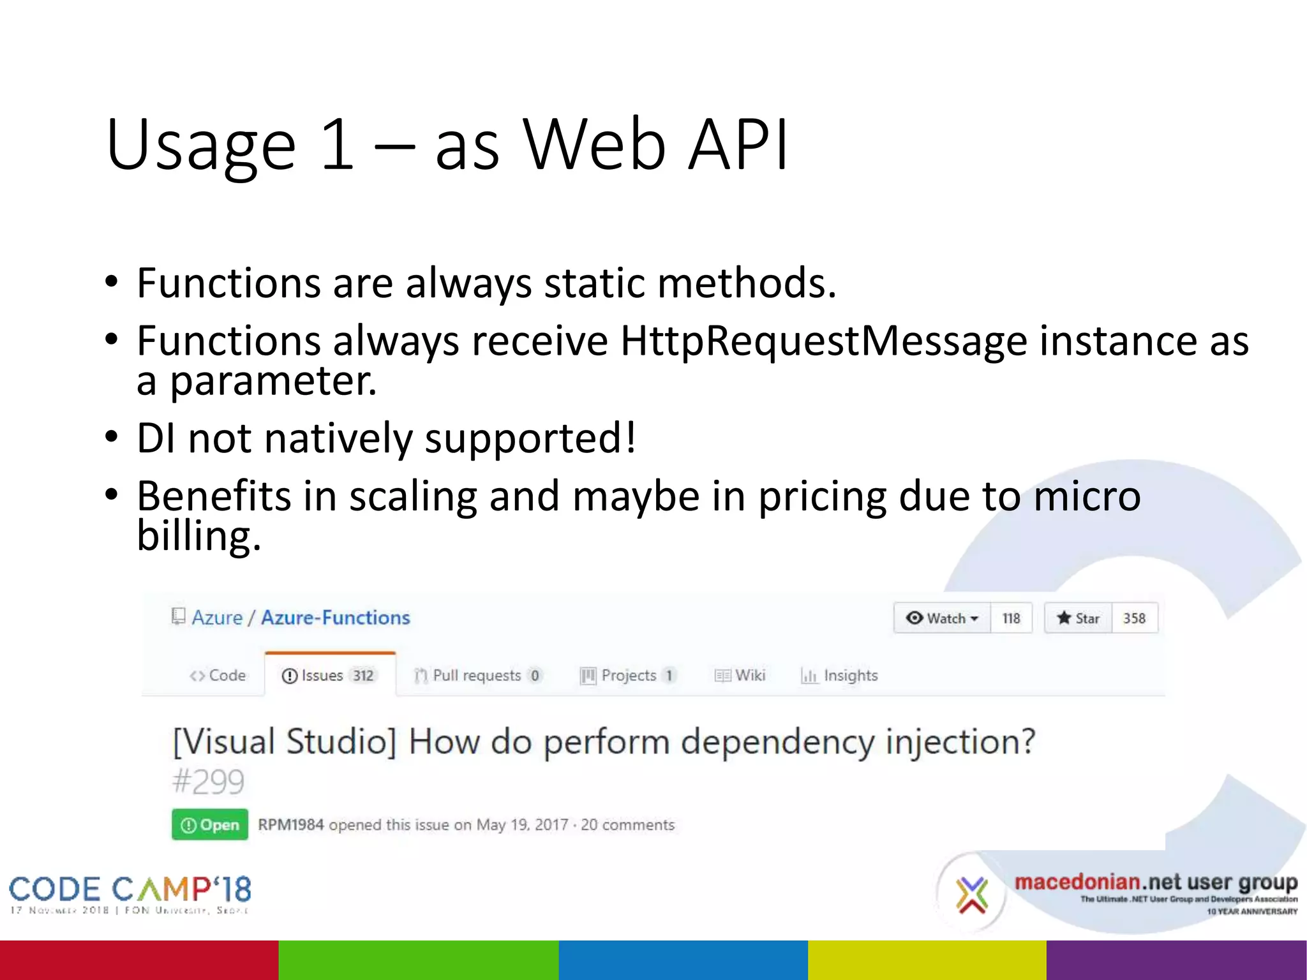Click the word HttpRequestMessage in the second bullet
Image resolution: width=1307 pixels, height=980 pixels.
point(823,341)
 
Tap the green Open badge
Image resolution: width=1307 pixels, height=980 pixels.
point(210,825)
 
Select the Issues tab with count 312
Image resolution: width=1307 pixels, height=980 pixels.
point(329,675)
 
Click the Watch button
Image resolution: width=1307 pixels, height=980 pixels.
point(942,618)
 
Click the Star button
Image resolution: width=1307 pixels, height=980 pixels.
point(1078,618)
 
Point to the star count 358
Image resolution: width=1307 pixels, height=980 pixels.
point(1134,618)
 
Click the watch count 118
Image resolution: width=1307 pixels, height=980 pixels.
point(1011,618)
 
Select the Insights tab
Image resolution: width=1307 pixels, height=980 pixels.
point(840,675)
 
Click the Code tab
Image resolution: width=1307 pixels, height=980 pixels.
point(218,675)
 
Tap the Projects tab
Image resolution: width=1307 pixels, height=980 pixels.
point(627,675)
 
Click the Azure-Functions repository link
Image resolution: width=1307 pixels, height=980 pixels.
point(335,618)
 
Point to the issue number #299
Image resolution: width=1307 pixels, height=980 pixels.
point(208,782)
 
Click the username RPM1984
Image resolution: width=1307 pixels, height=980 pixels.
point(290,825)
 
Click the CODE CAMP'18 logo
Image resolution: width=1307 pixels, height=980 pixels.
point(130,893)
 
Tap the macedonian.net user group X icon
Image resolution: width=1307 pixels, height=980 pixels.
point(971,894)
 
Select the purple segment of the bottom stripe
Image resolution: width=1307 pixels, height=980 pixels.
point(1176,960)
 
